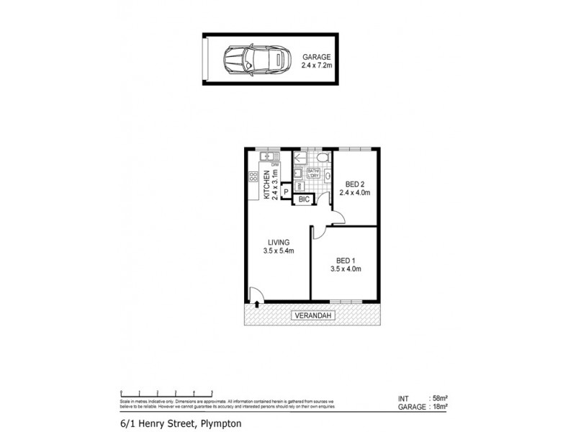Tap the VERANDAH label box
(311, 315)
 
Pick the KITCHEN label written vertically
(266, 186)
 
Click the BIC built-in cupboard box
(303, 198)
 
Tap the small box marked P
(286, 191)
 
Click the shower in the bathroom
(300, 156)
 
